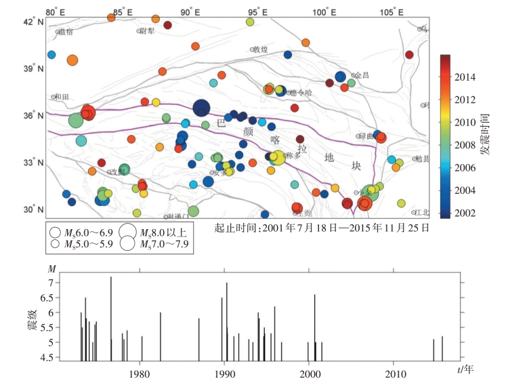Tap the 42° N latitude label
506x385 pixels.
coord(33,22)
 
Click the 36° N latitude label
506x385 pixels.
coord(33,116)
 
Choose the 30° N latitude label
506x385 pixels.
coord(33,210)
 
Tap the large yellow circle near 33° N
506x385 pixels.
coord(276,157)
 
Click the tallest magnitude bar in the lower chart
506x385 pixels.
coord(111,319)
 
